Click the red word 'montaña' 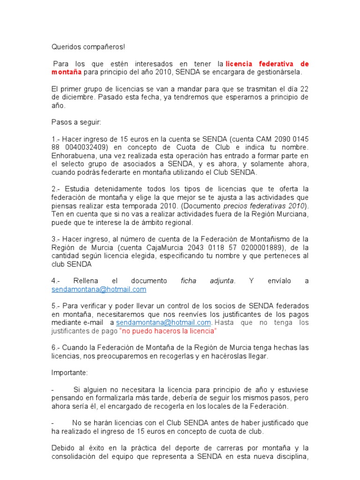point(67,72)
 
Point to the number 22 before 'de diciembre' point(305,89)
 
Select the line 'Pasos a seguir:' point(75,122)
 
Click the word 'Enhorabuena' point(73,156)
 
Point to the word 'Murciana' point(294,214)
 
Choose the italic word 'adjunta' point(220,281)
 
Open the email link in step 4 point(99,289)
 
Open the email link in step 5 point(164,322)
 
